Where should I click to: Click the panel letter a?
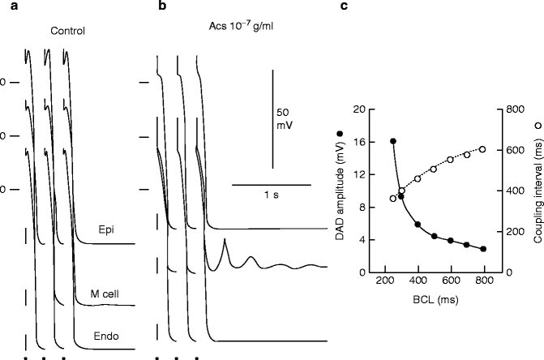(6, 6)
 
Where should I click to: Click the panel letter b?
(163, 6)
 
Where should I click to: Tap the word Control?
(66, 32)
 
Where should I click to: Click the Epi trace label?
(105, 229)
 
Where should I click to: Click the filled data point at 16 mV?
(393, 141)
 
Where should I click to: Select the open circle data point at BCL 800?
(483, 149)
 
